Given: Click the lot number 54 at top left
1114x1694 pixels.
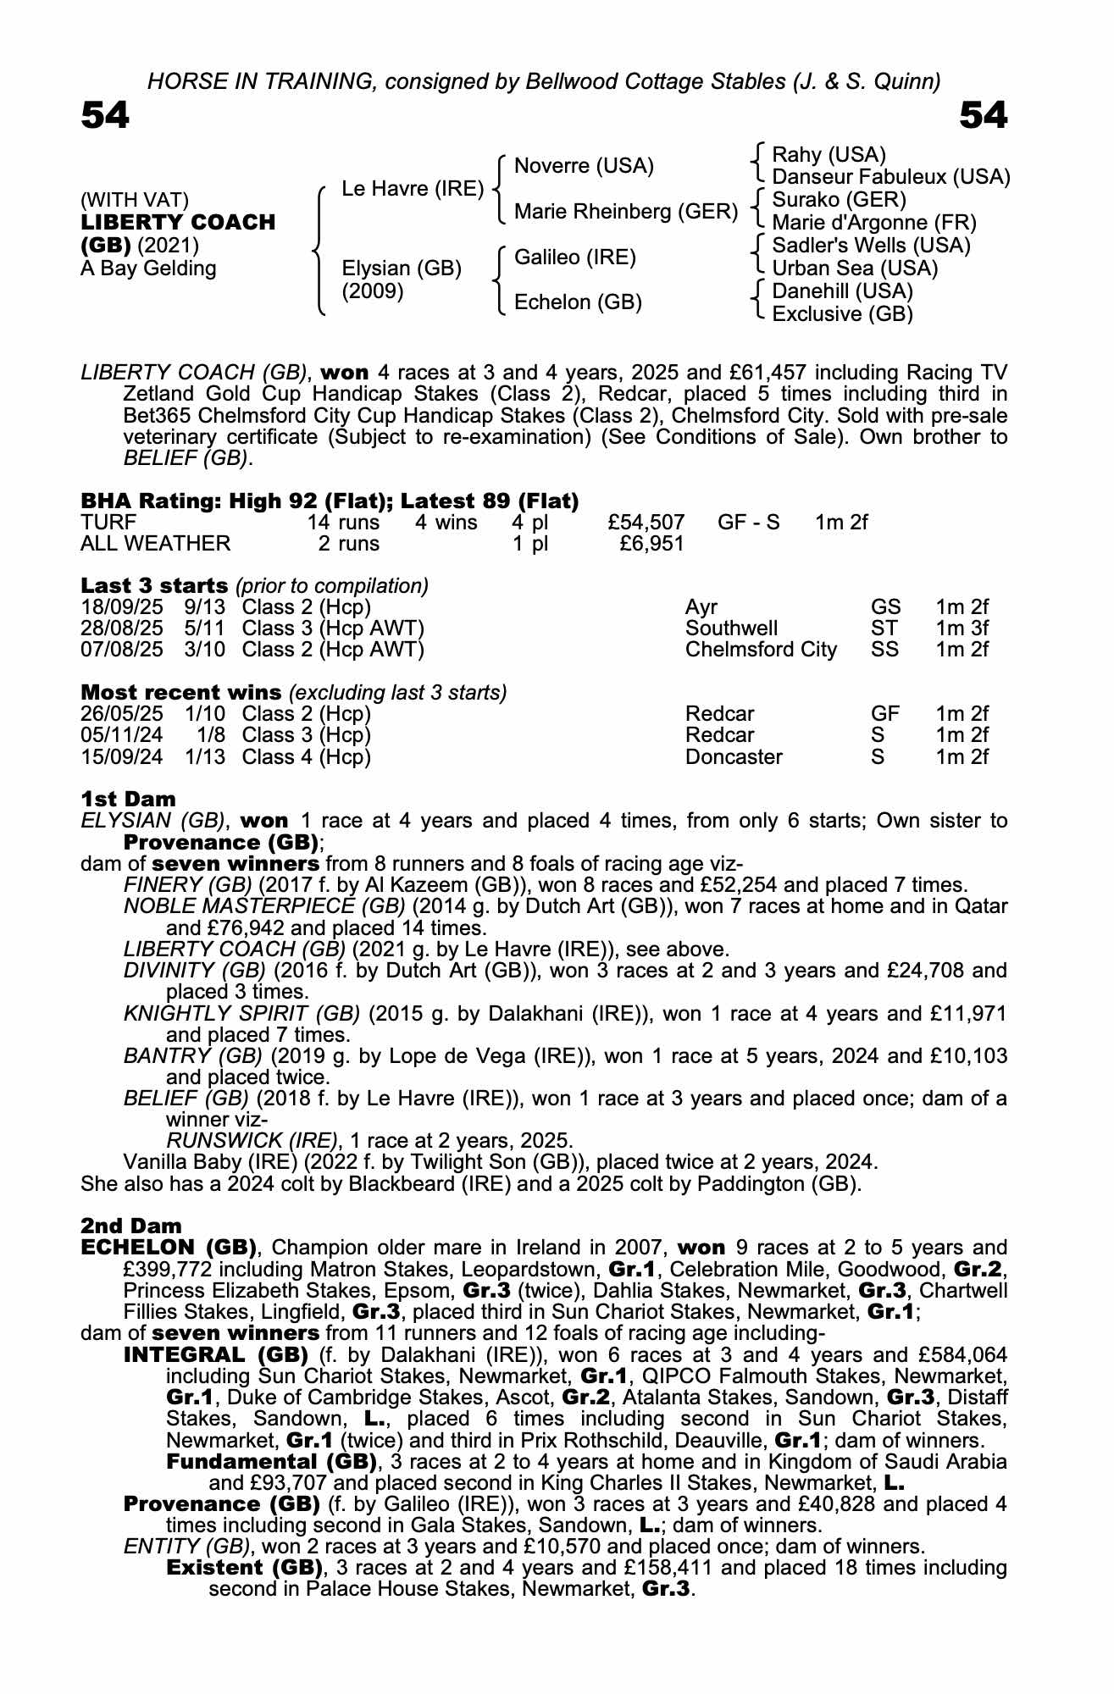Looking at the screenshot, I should coord(105,116).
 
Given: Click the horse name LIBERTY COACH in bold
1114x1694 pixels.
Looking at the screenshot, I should coord(178,223).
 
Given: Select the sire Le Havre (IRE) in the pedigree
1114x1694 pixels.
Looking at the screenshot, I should coord(412,189).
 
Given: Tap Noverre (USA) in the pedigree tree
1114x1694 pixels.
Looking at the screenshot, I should coord(584,166).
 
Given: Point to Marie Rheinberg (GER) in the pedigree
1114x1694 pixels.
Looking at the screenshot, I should coord(626,211).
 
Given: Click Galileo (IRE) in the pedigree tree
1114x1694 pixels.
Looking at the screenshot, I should coord(575,257).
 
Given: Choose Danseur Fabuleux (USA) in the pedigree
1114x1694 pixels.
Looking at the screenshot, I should coord(891,177).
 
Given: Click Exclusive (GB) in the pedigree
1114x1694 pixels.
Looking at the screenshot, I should coord(842,314).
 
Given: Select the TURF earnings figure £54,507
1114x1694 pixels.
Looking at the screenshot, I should coord(646,523).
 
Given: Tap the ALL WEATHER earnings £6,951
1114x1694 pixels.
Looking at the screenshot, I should coord(651,544).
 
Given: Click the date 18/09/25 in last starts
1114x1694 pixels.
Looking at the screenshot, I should coord(122,607).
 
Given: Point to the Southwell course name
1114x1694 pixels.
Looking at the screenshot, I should coord(731,628).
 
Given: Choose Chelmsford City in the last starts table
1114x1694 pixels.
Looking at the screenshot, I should coord(761,650).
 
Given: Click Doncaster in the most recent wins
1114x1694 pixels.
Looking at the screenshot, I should coord(734,756).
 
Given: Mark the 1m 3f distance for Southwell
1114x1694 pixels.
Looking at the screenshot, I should coord(962,628).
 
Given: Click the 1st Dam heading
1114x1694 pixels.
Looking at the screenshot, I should coord(128,799).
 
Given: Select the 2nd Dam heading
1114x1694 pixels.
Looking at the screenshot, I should coord(130,1226).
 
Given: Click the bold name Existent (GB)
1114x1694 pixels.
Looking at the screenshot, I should coord(245,1568).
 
